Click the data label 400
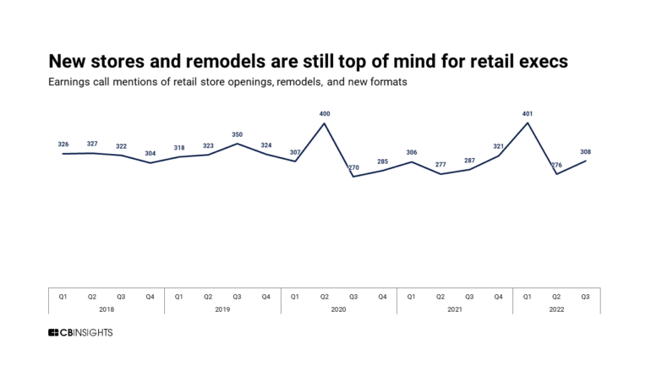(324, 112)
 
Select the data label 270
(353, 167)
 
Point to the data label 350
(237, 134)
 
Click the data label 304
(150, 153)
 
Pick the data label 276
(556, 164)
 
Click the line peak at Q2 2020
(324, 123)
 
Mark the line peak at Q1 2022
(528, 123)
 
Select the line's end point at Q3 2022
(586, 161)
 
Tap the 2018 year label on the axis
(107, 309)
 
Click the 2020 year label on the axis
(338, 309)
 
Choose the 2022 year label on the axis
(556, 309)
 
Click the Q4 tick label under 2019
(265, 297)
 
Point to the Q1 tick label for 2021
(411, 297)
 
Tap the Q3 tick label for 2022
(586, 297)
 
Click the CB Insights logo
(80, 333)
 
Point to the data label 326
(63, 144)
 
